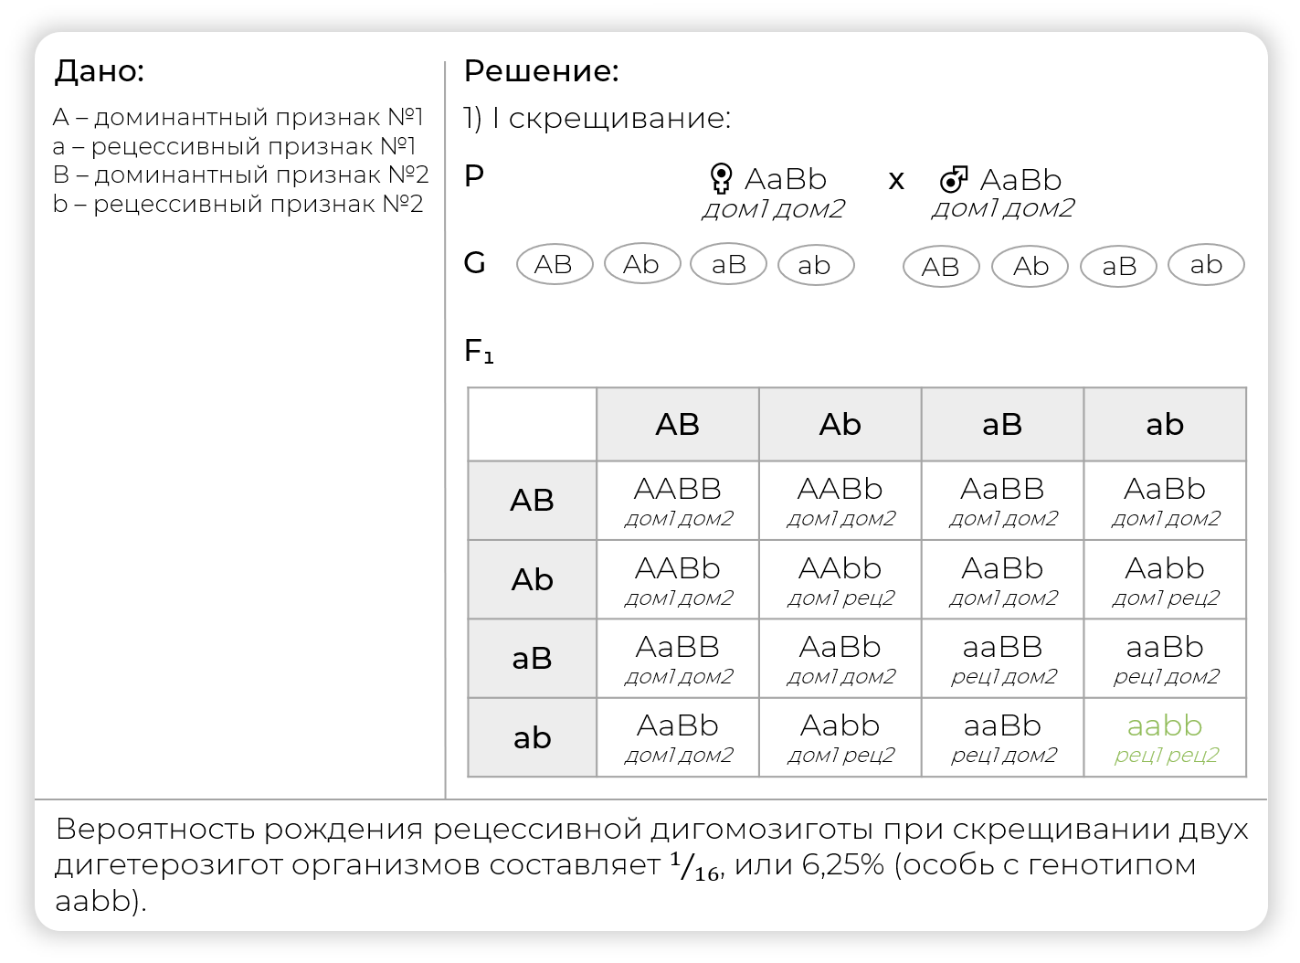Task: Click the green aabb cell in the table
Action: (x=1165, y=737)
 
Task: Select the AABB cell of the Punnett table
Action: (x=678, y=501)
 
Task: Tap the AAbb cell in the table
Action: (x=840, y=579)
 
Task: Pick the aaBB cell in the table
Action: (x=1002, y=659)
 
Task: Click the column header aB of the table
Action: (x=1002, y=425)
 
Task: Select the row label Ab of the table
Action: (x=532, y=579)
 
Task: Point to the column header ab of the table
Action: (x=1165, y=425)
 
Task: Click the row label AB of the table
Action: (x=532, y=501)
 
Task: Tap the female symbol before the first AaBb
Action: (x=721, y=177)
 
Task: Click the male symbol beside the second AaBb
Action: (x=954, y=179)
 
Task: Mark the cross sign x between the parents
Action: (x=896, y=180)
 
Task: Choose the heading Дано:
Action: (x=100, y=71)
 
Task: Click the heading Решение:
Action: (x=542, y=71)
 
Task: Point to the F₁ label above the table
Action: (x=479, y=351)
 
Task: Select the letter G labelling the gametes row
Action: (x=475, y=263)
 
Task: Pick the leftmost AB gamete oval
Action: (x=555, y=265)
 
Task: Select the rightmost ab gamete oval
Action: (x=1206, y=265)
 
